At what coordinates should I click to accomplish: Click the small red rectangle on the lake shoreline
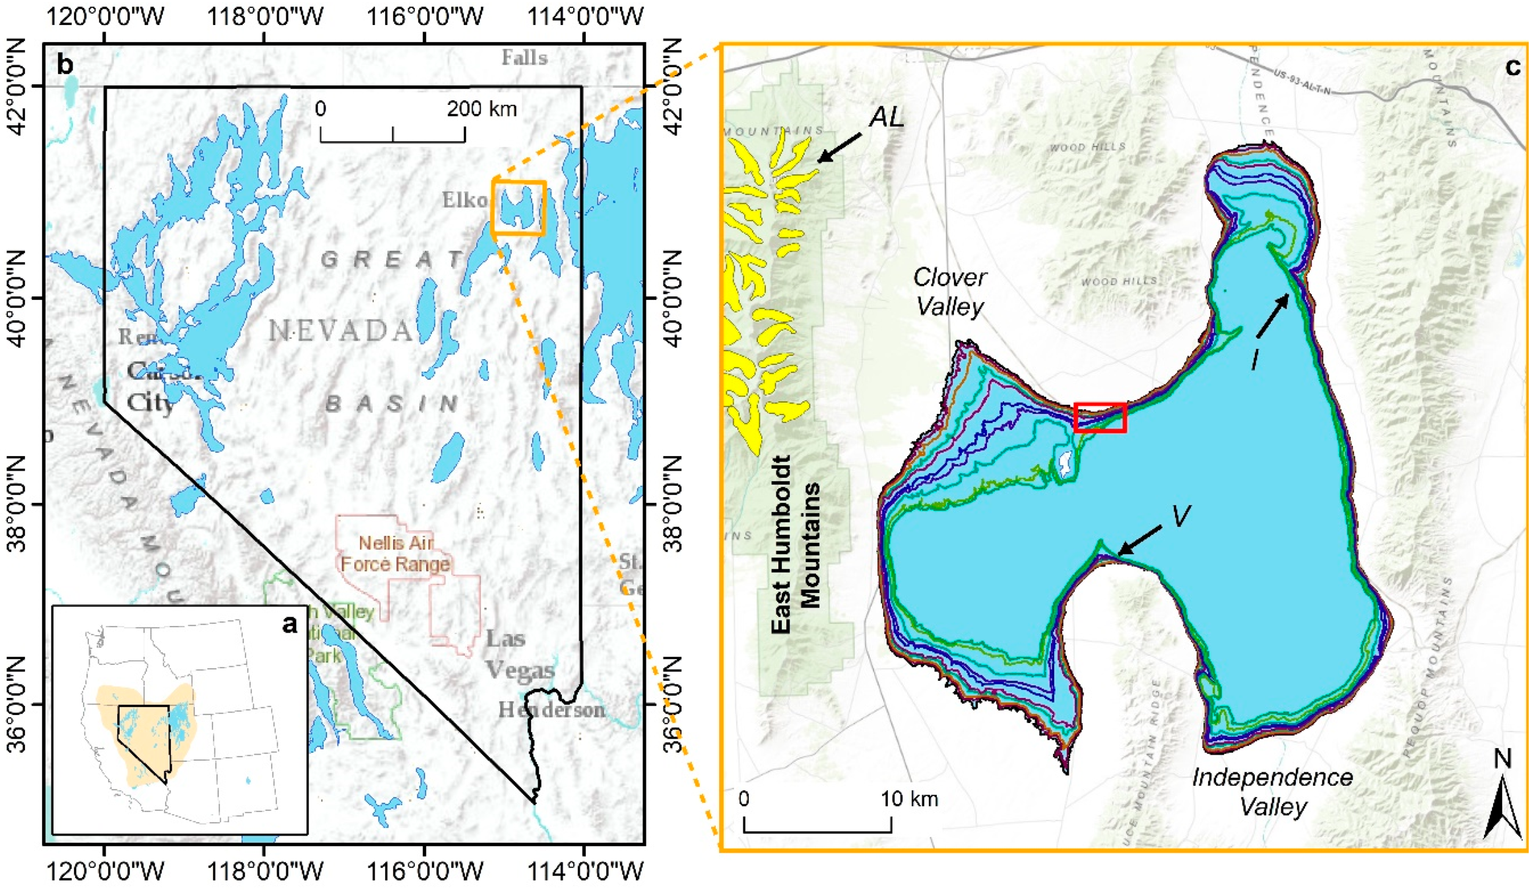[1099, 418]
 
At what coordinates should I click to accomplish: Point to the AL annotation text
[886, 117]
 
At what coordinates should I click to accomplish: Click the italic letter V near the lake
[1181, 517]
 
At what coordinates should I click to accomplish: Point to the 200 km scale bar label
[481, 109]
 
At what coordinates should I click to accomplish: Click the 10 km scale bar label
[909, 798]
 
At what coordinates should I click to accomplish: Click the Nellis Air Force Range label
[396, 553]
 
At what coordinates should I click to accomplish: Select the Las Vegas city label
[520, 654]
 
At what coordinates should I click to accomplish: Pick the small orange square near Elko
[518, 207]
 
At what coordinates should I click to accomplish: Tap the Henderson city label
[551, 709]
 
